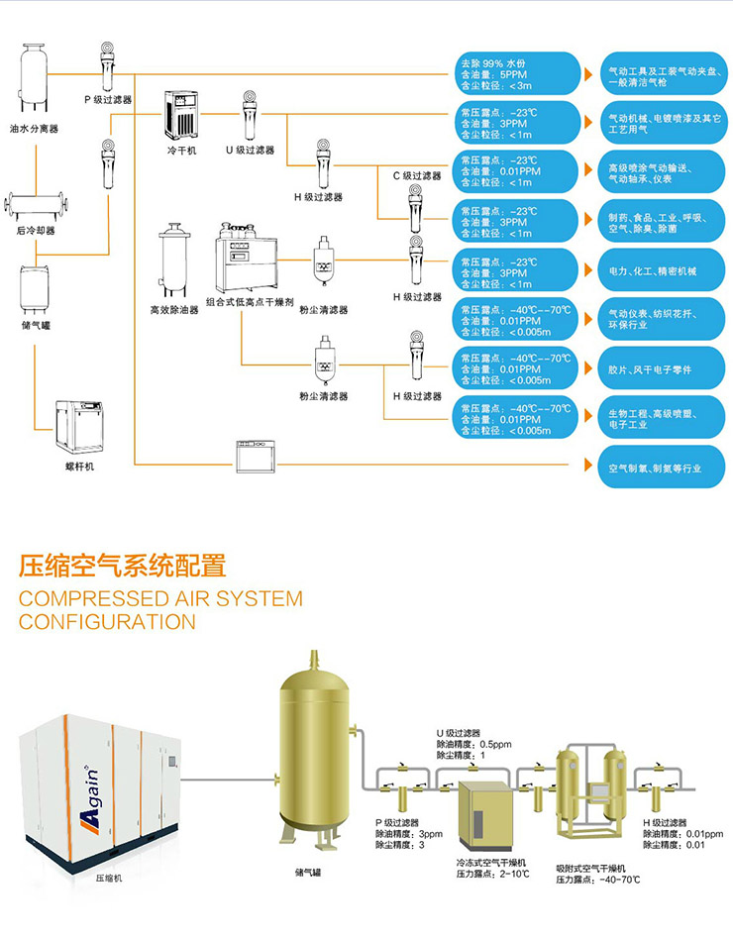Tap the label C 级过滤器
(416, 175)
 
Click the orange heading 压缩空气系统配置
(123, 567)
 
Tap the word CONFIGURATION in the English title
(107, 622)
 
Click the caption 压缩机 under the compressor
(109, 878)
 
